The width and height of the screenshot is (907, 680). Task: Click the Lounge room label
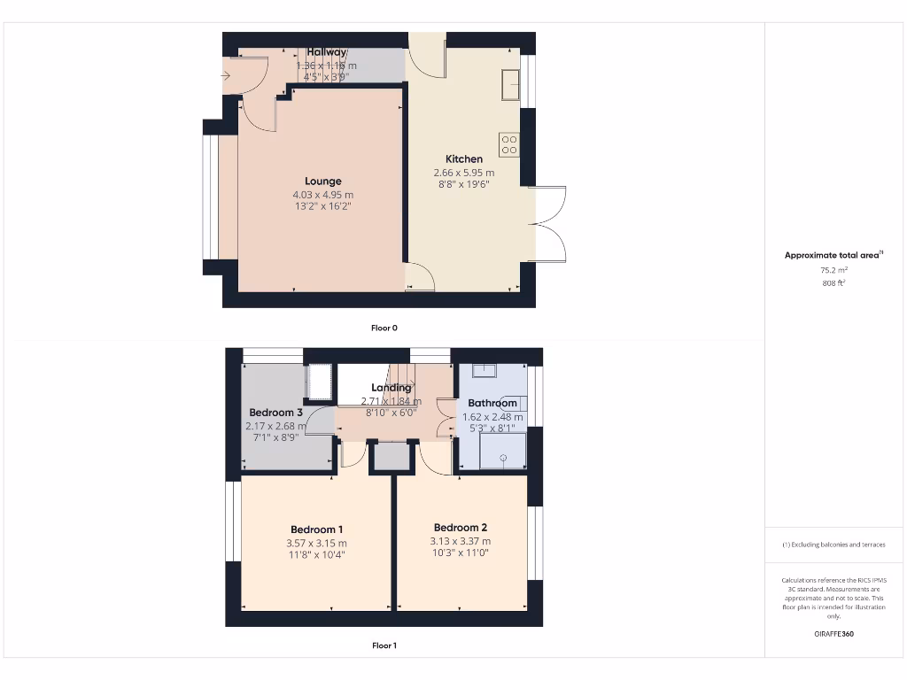coord(322,182)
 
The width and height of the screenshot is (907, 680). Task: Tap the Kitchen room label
coord(464,159)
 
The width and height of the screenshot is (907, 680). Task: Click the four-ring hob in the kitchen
coord(509,145)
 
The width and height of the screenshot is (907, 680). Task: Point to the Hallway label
coord(327,52)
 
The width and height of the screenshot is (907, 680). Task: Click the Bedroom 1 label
coord(316,529)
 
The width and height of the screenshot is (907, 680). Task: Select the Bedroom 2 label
coord(461,528)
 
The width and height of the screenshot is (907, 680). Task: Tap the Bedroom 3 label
coord(275,413)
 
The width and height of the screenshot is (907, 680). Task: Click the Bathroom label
coord(492,404)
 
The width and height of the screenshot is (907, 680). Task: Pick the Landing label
coord(391,388)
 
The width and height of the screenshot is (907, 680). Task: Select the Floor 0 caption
coord(384,328)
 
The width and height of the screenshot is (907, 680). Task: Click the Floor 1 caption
coord(384,645)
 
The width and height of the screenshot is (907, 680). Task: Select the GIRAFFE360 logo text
coord(833,634)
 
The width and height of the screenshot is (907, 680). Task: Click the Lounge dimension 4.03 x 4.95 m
coord(322,195)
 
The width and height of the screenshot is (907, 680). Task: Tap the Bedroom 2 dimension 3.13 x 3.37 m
coord(461,541)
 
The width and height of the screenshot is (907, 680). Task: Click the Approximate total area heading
coord(833,255)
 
